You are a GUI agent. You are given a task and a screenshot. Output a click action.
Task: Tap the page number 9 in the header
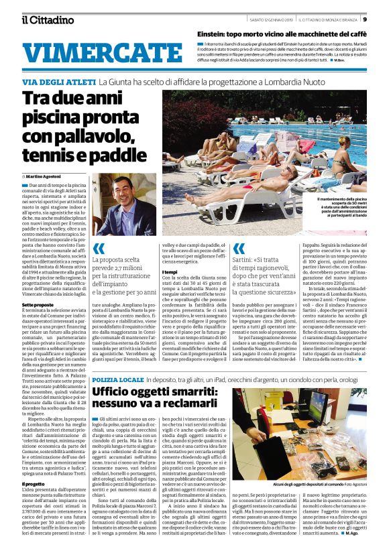tap(382, 19)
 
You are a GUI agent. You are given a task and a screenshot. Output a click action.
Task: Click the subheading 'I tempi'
tap(170, 272)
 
